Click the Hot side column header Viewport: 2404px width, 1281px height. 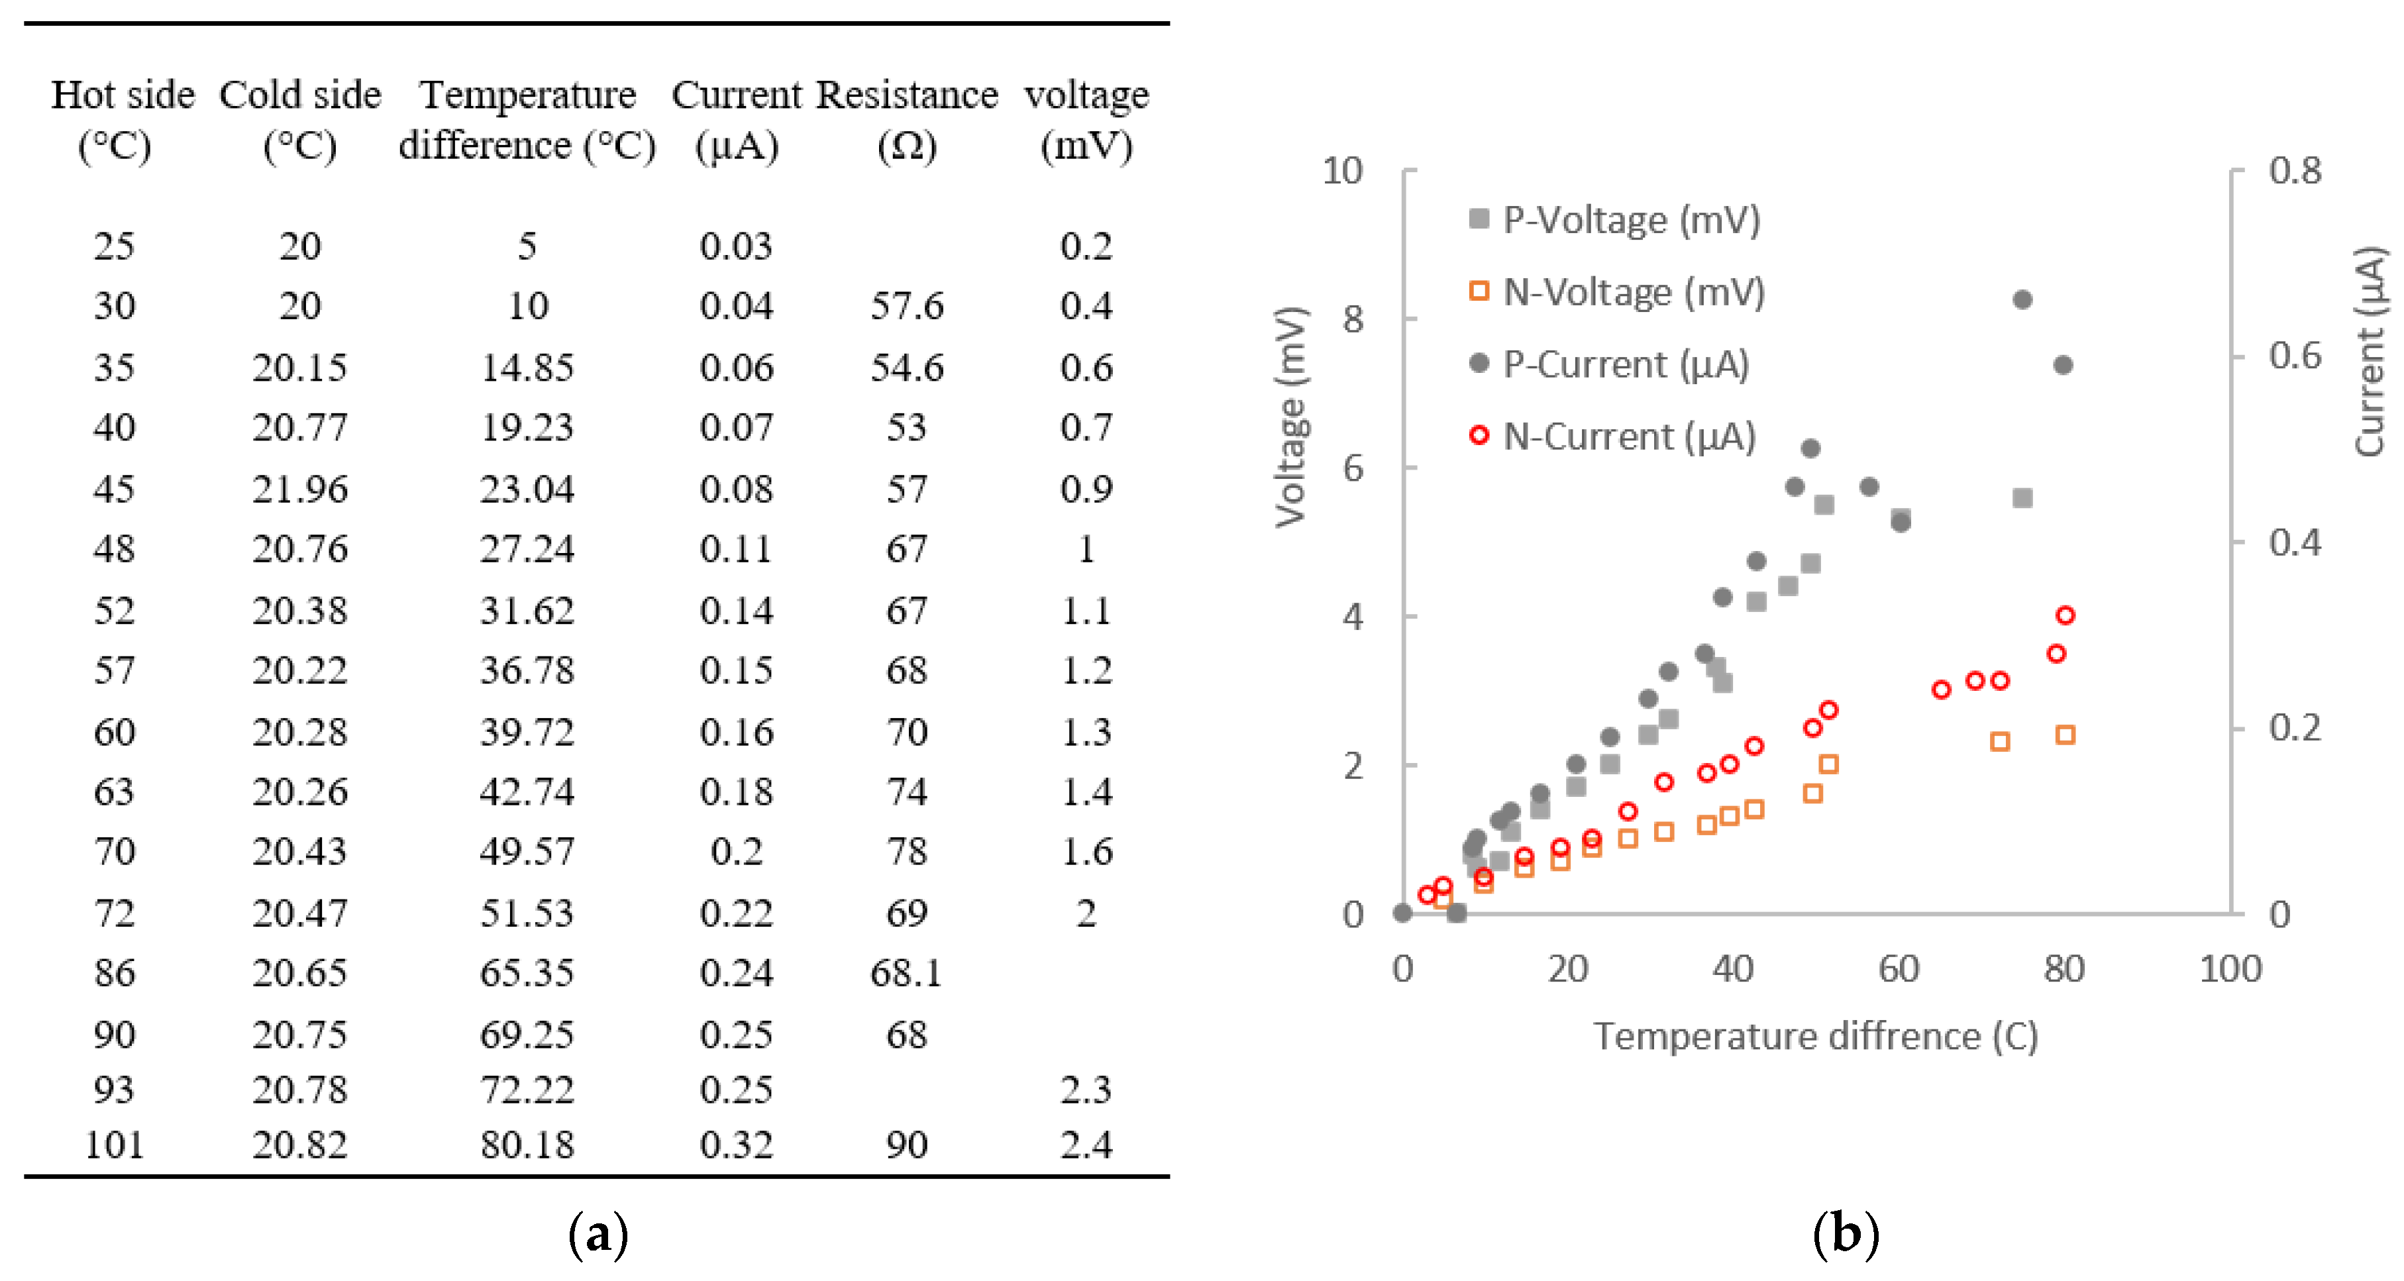pyautogui.click(x=123, y=119)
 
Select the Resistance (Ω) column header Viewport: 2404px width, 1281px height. pyautogui.click(x=907, y=119)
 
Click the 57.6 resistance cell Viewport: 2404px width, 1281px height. pyautogui.click(x=907, y=306)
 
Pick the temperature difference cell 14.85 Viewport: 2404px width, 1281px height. pyautogui.click(x=527, y=368)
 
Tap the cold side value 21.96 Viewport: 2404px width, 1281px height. pyautogui.click(x=299, y=489)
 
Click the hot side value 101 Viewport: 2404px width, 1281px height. pyautogui.click(x=114, y=1145)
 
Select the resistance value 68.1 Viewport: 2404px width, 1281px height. pyautogui.click(x=907, y=973)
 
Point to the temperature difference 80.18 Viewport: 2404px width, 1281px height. pyautogui.click(x=527, y=1145)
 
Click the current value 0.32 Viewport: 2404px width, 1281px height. pyautogui.click(x=737, y=1145)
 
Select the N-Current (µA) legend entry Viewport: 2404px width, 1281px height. pyautogui.click(x=1614, y=436)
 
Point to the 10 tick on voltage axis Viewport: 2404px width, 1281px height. pyautogui.click(x=1342, y=171)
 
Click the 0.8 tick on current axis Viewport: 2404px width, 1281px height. pyautogui.click(x=2295, y=171)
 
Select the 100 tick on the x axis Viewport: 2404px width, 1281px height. pyautogui.click(x=2230, y=970)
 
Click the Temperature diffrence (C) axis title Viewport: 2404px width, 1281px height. pyautogui.click(x=1815, y=1037)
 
